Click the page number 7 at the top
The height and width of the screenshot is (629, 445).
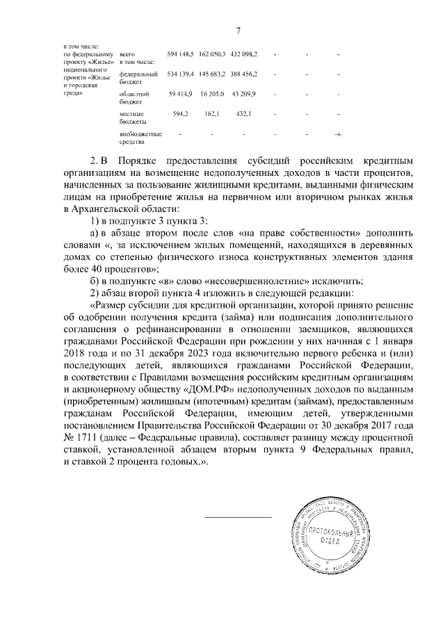238,31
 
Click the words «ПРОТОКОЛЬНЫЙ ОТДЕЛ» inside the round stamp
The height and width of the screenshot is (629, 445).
332,535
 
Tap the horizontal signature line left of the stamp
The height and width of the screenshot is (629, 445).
238,517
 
